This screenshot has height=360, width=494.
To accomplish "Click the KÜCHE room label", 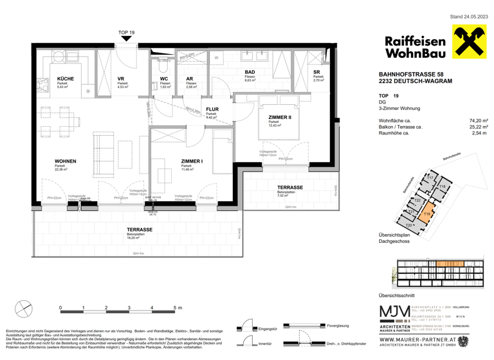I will [x=65, y=79].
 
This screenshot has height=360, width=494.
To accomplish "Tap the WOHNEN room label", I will [x=66, y=161].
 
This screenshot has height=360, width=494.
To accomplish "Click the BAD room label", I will [x=248, y=73].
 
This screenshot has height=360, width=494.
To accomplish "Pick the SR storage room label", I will [x=316, y=73].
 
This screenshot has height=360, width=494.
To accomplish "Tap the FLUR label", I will [x=212, y=110].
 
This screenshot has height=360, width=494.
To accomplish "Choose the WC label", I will [x=164, y=79].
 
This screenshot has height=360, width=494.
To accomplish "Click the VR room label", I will [x=121, y=79].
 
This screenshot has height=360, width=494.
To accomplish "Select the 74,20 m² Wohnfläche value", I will [x=479, y=120].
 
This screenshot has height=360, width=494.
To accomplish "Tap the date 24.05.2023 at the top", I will [x=468, y=15].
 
